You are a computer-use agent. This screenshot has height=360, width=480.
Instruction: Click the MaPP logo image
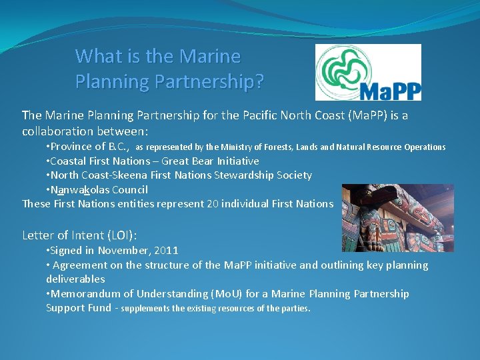[x=368, y=72]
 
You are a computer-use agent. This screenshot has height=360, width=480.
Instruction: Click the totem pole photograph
[x=397, y=218]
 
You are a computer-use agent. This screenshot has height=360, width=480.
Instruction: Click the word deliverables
[x=75, y=279]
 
